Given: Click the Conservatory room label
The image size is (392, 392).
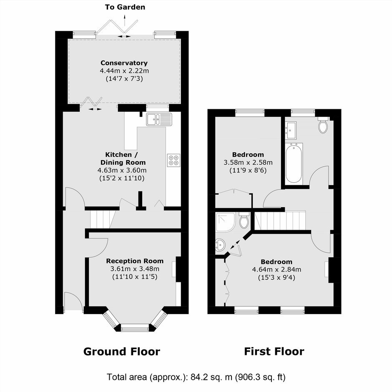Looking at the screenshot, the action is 124,63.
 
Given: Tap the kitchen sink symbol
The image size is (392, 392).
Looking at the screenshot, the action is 159,119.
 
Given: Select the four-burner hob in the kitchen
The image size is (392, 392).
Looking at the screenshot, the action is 174,160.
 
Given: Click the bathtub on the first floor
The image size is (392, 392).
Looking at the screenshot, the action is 294,163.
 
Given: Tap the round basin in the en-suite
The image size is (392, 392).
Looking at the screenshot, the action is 220,244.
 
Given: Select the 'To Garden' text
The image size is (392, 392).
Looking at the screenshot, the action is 125,7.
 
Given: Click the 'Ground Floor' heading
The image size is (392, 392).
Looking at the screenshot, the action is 122,351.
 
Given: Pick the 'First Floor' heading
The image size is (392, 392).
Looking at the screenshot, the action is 274,351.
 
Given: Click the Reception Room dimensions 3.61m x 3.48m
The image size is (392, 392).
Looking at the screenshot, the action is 135,269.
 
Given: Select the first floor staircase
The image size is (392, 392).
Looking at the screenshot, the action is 280,221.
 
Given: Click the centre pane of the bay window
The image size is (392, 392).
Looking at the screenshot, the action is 135,327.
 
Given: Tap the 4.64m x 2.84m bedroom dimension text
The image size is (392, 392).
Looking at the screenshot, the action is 276,269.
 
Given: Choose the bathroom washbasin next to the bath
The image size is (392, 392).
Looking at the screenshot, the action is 291,130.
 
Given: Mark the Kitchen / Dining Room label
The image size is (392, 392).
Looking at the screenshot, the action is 123,158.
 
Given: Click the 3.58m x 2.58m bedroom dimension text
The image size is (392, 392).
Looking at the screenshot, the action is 248,163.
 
